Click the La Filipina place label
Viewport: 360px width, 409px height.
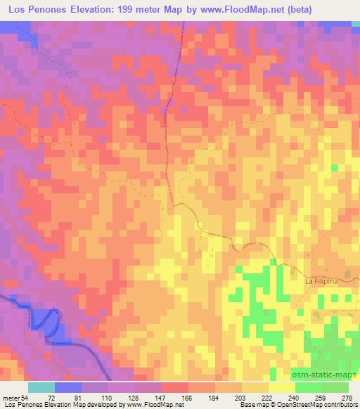[x=321, y=281]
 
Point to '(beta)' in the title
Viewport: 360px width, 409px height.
[x=293, y=9]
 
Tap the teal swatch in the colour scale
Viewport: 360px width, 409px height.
[x=41, y=387]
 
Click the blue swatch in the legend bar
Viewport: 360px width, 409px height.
[x=68, y=387]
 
